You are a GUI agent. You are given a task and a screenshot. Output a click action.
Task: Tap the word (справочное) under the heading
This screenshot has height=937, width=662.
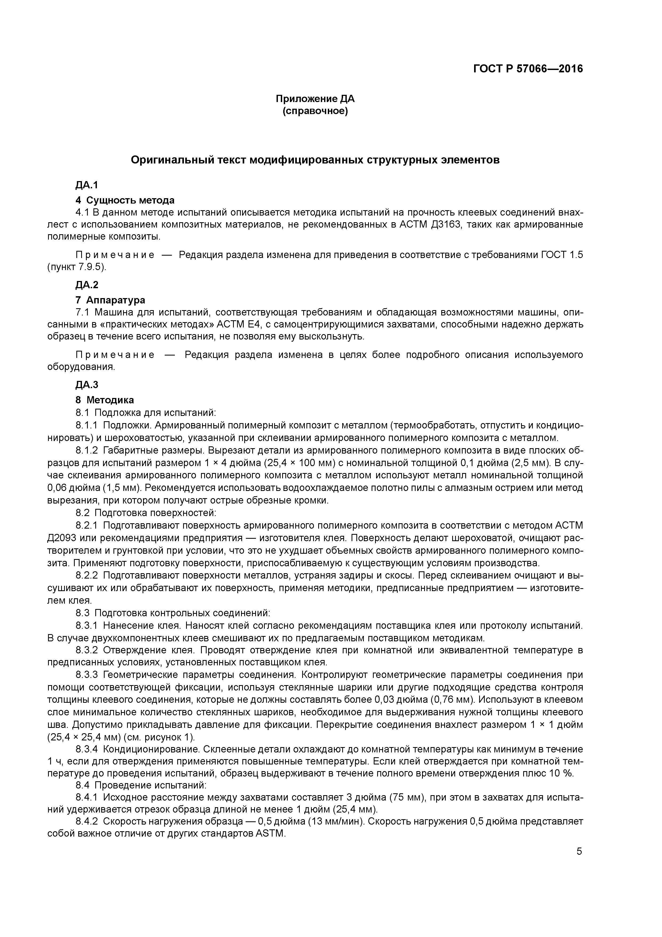pyautogui.click(x=315, y=111)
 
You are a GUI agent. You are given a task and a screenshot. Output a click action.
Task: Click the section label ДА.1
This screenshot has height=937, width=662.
pyautogui.click(x=87, y=185)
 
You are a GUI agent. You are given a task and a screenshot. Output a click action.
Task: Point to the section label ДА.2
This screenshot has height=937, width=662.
pyautogui.click(x=87, y=285)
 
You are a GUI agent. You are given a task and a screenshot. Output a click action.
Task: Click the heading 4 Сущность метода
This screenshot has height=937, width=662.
pyautogui.click(x=125, y=200)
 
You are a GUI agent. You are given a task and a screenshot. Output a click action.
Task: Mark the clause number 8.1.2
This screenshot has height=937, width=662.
pyautogui.click(x=87, y=451)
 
